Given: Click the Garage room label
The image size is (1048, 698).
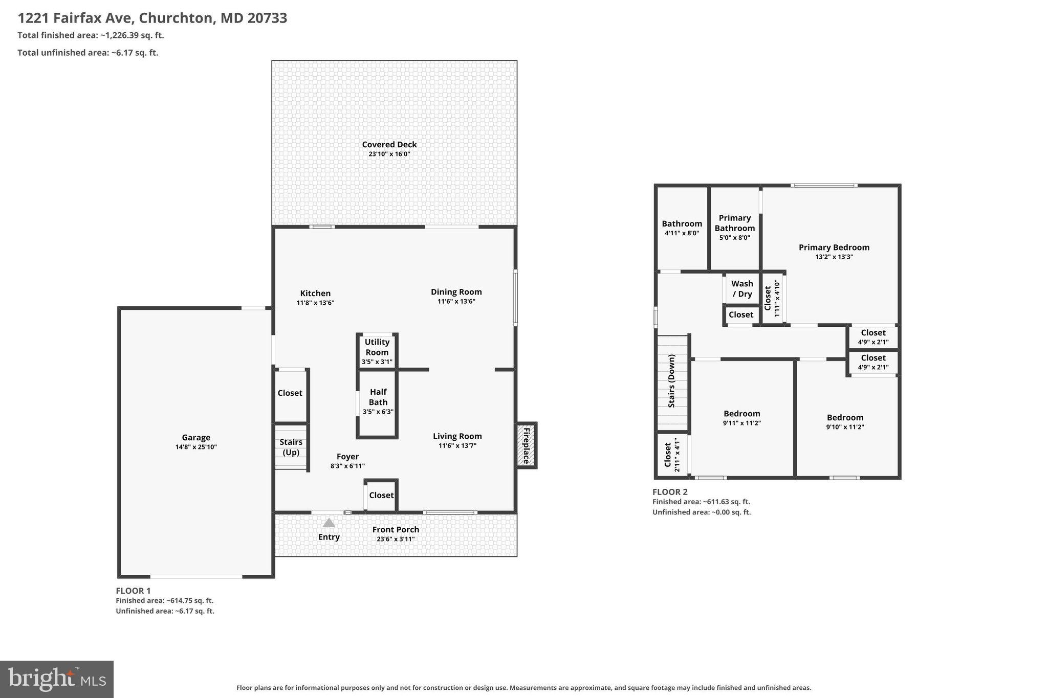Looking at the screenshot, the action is pos(196,438).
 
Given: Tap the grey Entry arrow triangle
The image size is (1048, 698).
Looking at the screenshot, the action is pos(329,523).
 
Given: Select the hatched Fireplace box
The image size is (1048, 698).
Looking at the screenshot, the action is pos(526,445).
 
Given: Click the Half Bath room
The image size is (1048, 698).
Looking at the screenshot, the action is pos(378,403).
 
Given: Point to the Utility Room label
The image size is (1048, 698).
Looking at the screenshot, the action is pos(377,347).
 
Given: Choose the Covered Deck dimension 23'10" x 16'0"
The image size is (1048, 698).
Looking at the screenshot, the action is pos(389,154).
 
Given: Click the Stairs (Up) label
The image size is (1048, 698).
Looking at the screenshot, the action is pos(291,447).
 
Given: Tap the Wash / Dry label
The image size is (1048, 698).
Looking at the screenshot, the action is pos(742,289).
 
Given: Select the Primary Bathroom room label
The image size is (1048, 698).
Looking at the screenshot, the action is pos(735,223).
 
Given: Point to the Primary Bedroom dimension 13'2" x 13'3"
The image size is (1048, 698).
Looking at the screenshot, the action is pos(834,257).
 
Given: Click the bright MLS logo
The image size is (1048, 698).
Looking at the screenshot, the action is pos(57,680).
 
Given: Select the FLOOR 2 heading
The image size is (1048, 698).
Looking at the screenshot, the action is pos(670,492).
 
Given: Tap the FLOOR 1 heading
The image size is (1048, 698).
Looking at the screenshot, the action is pos(133,591).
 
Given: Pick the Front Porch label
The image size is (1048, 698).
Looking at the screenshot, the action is pos(396,530).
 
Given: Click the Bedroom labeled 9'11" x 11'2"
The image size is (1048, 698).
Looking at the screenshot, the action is pos(742,418).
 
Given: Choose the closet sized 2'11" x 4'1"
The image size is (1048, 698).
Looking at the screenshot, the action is pos(672,455).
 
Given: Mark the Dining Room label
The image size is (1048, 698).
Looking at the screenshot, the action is pos(456,292).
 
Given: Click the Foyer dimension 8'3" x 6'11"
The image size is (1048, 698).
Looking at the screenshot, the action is pos(347,466).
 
